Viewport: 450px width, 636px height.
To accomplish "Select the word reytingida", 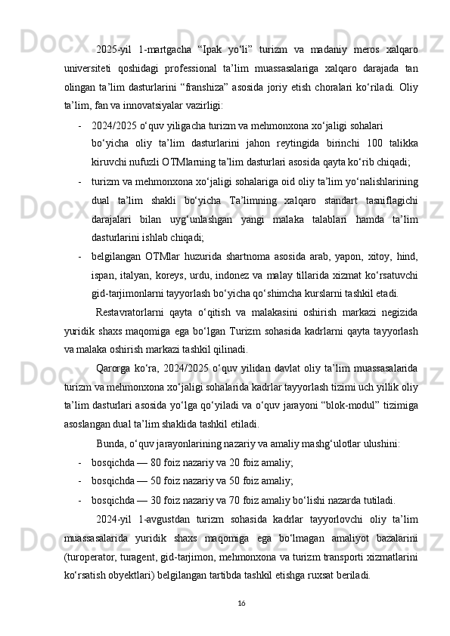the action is click(284, 143).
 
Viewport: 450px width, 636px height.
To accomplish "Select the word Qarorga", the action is click(113, 368).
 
